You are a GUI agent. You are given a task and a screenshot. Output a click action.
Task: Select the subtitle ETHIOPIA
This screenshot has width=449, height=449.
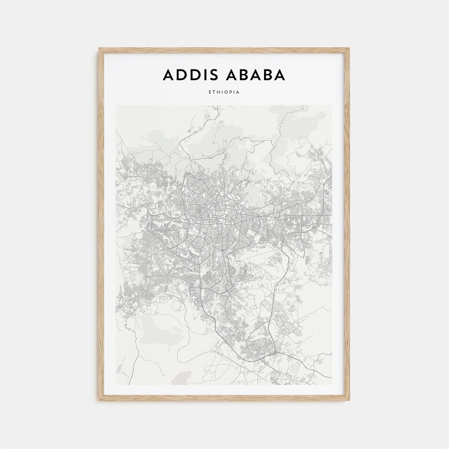coord(224,92)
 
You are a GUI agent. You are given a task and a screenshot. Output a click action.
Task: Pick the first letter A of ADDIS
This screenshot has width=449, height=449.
coord(168,75)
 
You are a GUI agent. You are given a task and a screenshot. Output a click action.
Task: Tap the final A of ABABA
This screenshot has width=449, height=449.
coord(280,75)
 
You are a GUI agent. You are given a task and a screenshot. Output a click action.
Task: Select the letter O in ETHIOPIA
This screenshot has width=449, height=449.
coord(226,92)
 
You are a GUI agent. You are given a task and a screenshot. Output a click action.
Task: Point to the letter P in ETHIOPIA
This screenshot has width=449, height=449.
coord(231,92)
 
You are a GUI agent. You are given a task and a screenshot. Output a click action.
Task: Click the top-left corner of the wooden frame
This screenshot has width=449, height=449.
coord(100,49)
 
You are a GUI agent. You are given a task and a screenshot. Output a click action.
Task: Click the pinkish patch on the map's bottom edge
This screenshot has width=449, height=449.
coord(180,379)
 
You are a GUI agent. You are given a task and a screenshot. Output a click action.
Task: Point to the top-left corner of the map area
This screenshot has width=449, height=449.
coord(116,106)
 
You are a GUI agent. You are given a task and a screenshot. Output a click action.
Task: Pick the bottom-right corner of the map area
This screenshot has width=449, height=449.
coord(332,384)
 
